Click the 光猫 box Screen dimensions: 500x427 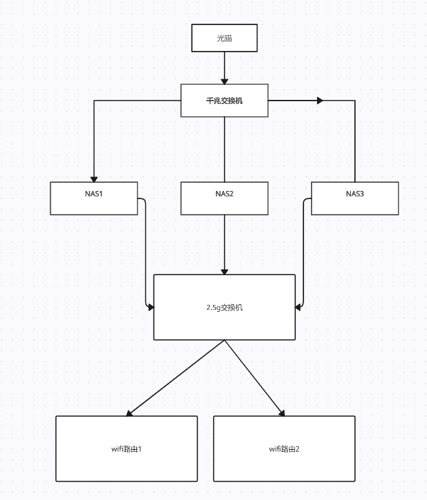pos(224,38)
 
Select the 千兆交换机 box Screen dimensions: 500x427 pos(224,101)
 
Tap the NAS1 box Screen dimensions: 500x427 pos(94,198)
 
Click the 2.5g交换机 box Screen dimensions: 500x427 pos(224,307)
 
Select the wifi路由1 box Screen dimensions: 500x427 pos(126,449)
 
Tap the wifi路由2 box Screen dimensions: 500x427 pos(284,449)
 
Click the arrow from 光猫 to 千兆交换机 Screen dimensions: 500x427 pos(224,68)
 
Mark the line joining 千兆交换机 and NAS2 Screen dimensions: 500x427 pos(224,149)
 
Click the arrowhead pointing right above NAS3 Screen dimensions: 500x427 pos(319,101)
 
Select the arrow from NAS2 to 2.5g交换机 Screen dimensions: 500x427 pos(224,245)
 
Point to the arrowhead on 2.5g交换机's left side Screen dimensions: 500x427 pos(151,307)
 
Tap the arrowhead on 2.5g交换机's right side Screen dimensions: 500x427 pos(299,307)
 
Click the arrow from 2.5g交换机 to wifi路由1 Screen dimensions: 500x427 pos(175,378)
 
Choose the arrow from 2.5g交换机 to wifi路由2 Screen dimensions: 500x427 pos(255,378)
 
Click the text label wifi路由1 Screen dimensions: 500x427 pos(126,449)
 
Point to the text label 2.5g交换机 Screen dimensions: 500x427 pos(224,307)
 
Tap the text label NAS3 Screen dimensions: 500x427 pos(354,194)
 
